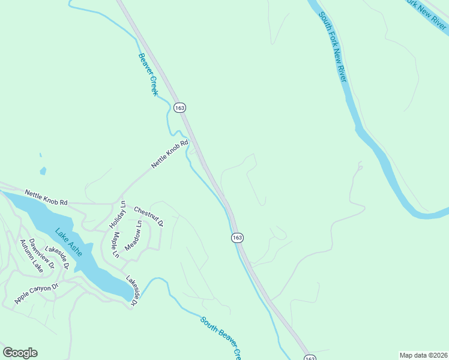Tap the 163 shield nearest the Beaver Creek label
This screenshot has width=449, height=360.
[179, 107]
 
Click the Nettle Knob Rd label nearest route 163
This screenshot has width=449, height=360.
[170, 154]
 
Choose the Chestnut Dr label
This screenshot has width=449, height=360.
[148, 216]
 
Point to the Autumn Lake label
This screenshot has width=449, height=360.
[32, 253]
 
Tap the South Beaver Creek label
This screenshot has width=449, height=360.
[221, 337]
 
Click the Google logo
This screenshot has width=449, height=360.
[20, 353]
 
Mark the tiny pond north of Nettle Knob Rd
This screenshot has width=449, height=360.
[43, 171]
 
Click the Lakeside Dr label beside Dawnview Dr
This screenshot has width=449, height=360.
[58, 257]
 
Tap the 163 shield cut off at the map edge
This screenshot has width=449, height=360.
[309, 357]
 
